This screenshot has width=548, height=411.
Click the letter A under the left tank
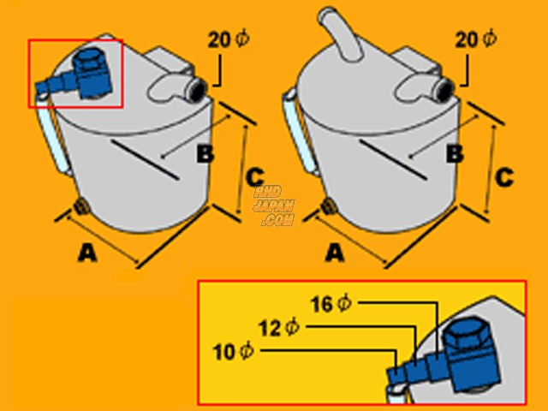[87, 253]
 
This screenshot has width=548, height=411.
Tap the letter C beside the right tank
[504, 177]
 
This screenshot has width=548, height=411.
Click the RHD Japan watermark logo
[274, 206]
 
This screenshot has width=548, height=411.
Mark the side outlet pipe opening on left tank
[198, 89]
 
